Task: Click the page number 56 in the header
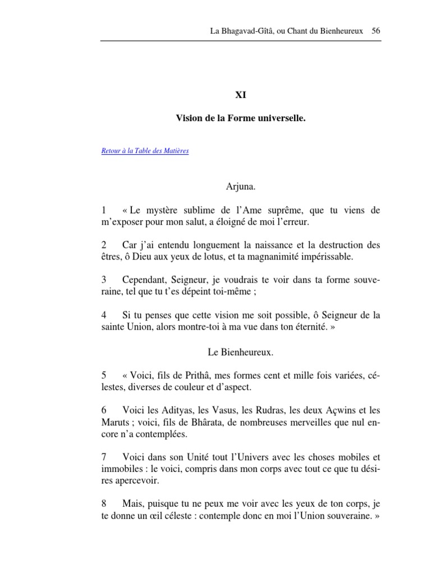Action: point(376,30)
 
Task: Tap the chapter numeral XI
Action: point(240,95)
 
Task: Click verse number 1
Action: point(104,210)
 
